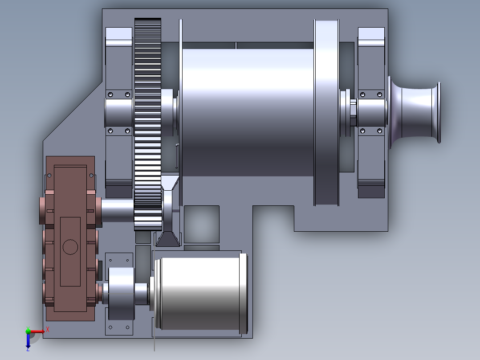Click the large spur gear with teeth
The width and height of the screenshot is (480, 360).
click(x=147, y=111)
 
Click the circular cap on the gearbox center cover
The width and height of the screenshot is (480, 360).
click(x=70, y=246)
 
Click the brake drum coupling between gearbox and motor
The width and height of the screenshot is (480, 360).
click(x=121, y=293)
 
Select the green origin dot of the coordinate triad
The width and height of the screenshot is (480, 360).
click(x=28, y=331)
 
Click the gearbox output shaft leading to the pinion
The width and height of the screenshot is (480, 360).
click(x=117, y=209)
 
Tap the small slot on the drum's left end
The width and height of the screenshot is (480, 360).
click(x=177, y=156)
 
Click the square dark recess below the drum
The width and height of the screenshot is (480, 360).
click(x=201, y=224)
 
